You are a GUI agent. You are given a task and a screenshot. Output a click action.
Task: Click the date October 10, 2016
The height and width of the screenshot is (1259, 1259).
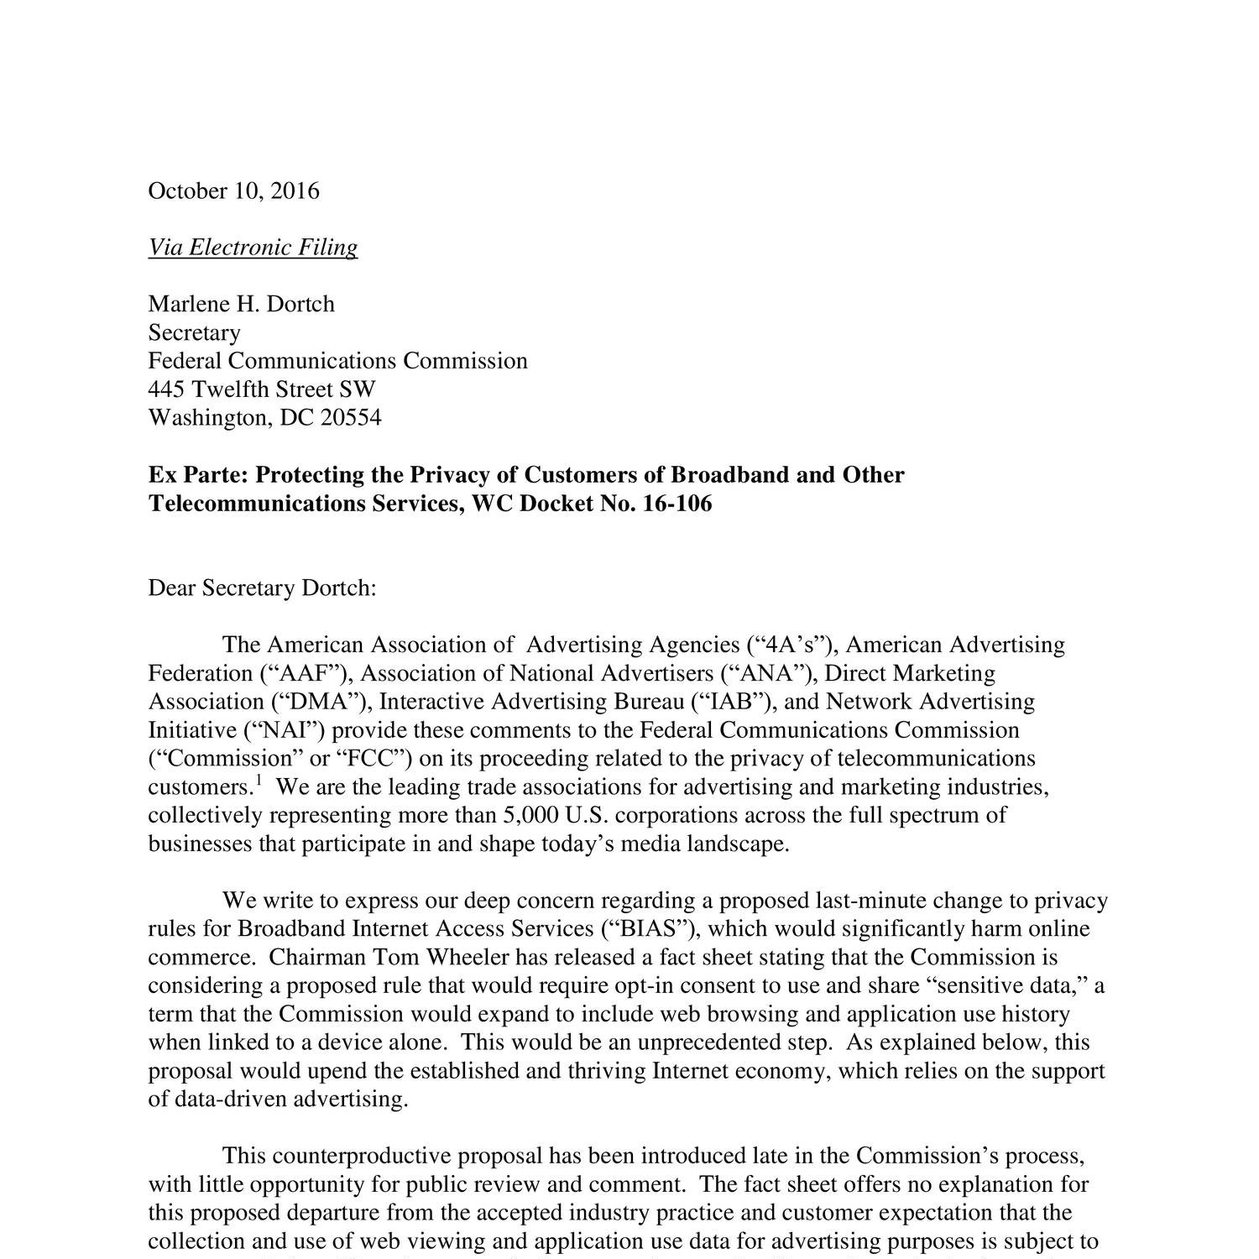233,191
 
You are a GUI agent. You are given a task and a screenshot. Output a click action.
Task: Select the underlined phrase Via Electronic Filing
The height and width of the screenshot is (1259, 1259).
253,247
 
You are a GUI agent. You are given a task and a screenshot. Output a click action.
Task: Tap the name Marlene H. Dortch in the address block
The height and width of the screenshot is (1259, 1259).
241,303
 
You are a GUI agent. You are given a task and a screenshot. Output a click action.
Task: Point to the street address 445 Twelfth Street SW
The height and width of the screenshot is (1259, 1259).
262,389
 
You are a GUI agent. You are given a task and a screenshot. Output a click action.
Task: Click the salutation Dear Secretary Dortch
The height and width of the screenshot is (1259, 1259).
262,588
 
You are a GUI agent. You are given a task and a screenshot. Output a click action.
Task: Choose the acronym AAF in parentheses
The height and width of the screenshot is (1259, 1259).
303,673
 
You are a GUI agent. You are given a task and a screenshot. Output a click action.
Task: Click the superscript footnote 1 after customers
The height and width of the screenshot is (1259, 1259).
259,781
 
